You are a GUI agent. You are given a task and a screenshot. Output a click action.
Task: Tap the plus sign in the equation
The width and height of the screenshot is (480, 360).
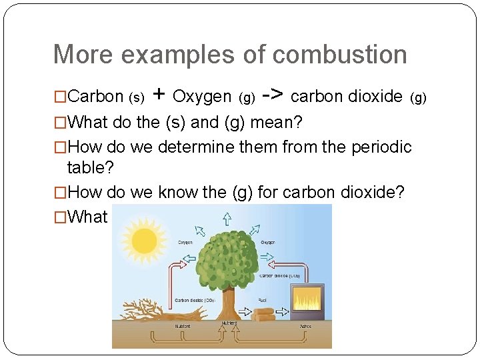click(x=159, y=95)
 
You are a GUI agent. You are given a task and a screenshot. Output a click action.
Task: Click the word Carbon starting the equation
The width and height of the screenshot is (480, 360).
click(x=96, y=97)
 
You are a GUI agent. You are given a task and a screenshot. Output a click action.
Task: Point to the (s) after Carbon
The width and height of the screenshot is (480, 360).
click(x=135, y=99)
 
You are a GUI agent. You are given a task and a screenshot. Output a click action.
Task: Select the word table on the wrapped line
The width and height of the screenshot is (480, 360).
click(x=87, y=168)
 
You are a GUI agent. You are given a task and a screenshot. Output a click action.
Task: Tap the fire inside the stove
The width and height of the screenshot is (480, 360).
click(x=307, y=301)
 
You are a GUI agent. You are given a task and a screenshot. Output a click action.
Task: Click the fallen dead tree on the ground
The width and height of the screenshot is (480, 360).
click(x=160, y=311)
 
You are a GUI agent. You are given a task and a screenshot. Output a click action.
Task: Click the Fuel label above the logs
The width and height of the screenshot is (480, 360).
click(x=263, y=300)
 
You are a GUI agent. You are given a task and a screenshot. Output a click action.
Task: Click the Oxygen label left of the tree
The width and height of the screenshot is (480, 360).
click(x=185, y=243)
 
